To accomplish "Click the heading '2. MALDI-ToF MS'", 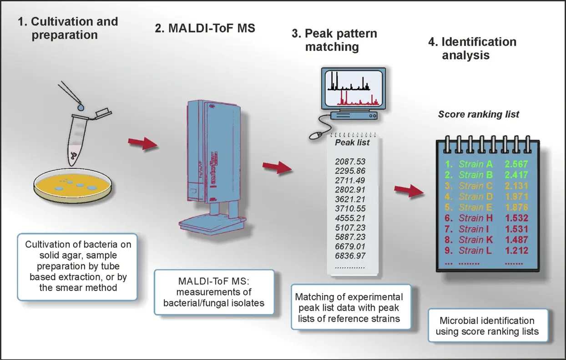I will [x=205, y=28].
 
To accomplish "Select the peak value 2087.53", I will [x=350, y=162].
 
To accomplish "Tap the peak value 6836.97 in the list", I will [x=350, y=256].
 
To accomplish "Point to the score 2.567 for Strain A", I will [x=516, y=164].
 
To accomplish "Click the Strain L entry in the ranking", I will [x=476, y=250].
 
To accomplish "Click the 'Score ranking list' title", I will [x=478, y=114].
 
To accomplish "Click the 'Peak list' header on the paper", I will [x=352, y=142].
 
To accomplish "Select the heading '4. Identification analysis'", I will [x=472, y=48].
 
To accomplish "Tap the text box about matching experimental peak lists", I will [x=350, y=307].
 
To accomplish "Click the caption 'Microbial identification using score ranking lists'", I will [x=487, y=326].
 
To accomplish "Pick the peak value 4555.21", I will [x=350, y=218].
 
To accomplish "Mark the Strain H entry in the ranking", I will [x=476, y=218].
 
